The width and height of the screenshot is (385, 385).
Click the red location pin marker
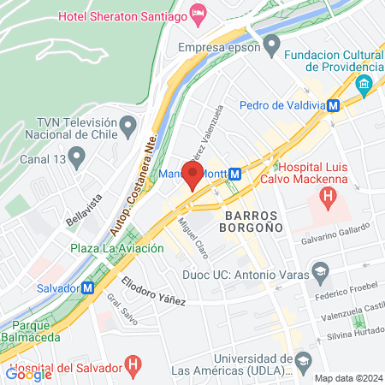click(192, 175)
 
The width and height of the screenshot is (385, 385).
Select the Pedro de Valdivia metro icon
click(335, 105)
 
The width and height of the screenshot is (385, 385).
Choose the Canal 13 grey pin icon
click(77, 157)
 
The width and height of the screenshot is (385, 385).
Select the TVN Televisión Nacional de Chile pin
click(128, 127)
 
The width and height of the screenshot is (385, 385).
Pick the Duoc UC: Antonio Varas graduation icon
click(320, 273)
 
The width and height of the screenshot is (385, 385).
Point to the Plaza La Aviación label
click(117, 249)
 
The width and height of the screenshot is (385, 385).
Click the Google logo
click(28, 373)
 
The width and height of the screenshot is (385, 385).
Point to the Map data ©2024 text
click(347, 378)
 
